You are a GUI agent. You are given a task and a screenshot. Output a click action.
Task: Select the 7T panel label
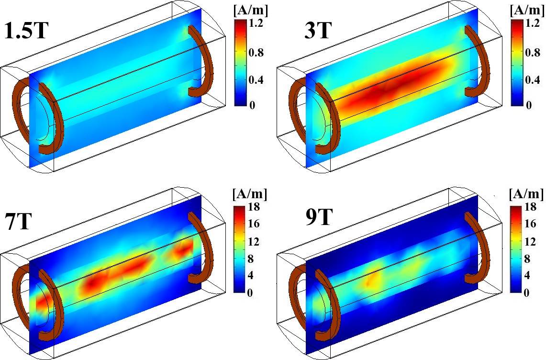[x=19, y=221]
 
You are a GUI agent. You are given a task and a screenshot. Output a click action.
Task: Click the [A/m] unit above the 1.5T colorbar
[x=250, y=11]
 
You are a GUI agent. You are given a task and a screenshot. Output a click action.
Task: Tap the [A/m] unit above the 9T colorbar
[x=526, y=194]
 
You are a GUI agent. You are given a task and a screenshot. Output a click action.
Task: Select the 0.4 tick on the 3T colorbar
[x=532, y=80]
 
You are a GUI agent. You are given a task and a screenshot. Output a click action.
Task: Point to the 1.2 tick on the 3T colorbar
[x=532, y=24]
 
